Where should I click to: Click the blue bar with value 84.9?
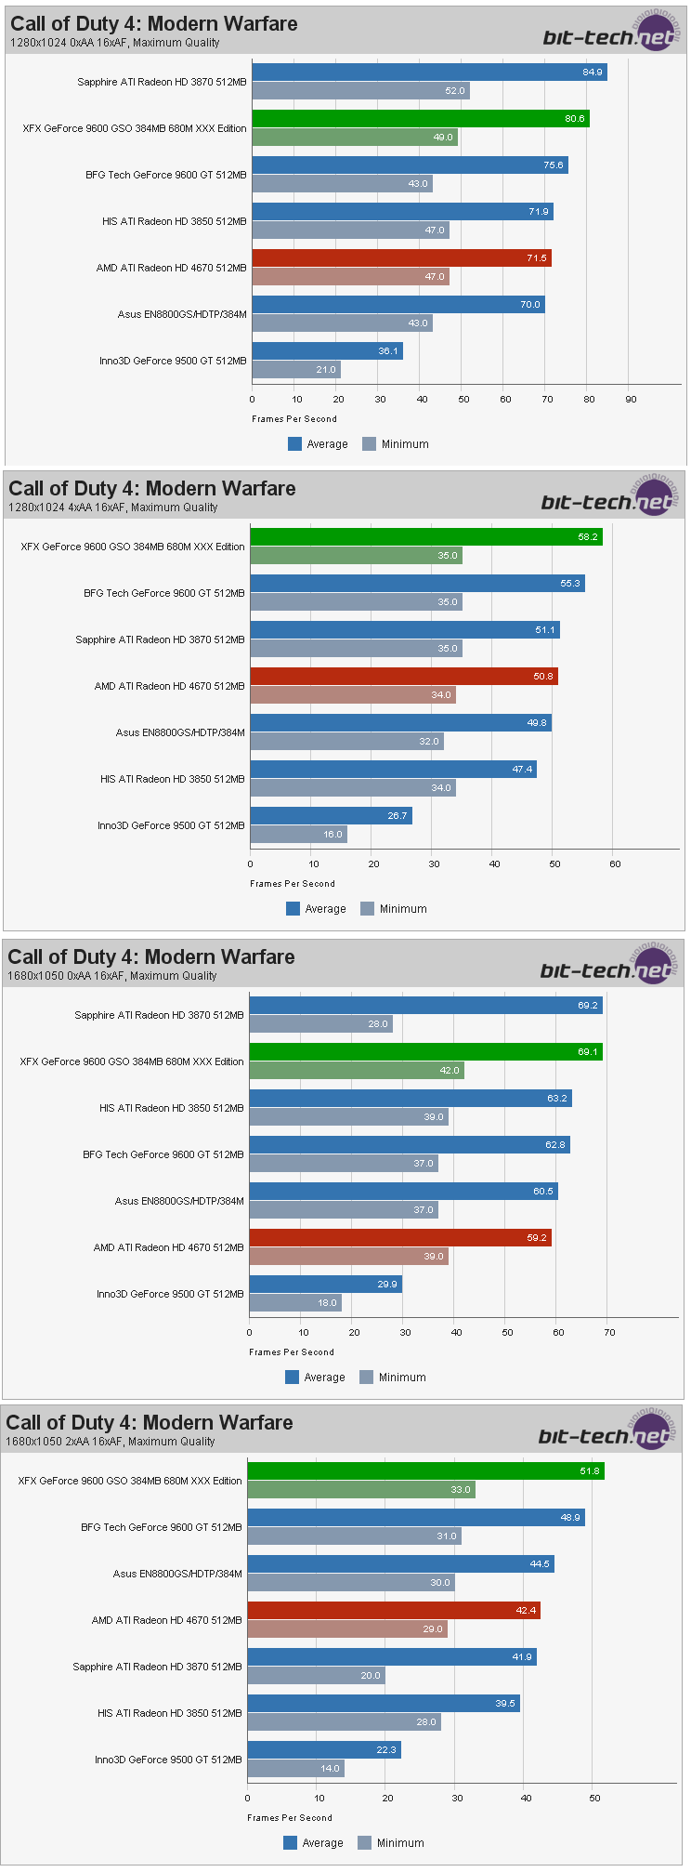[428, 73]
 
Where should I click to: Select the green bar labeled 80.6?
[420, 119]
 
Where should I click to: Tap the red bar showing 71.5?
[401, 258]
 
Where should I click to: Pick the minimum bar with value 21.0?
[295, 370]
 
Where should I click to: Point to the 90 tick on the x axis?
[631, 400]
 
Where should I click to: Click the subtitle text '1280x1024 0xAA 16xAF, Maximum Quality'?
[115, 43]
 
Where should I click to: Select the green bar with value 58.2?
[425, 537]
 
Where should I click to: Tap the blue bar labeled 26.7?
[331, 816]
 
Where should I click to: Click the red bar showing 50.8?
[403, 677]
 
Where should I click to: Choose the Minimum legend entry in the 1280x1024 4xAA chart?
[394, 909]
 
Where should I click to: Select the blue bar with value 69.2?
[425, 1006]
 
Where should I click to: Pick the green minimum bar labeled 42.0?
[356, 1071]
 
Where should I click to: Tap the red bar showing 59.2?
[399, 1238]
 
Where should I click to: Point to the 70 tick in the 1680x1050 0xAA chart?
[609, 1333]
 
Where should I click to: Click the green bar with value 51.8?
[425, 1471]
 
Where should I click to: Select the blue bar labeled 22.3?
[323, 1750]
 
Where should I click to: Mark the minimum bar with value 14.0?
[295, 1769]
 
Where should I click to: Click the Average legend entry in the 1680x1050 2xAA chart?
[314, 1843]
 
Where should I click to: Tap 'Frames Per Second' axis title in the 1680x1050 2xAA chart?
[289, 1818]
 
